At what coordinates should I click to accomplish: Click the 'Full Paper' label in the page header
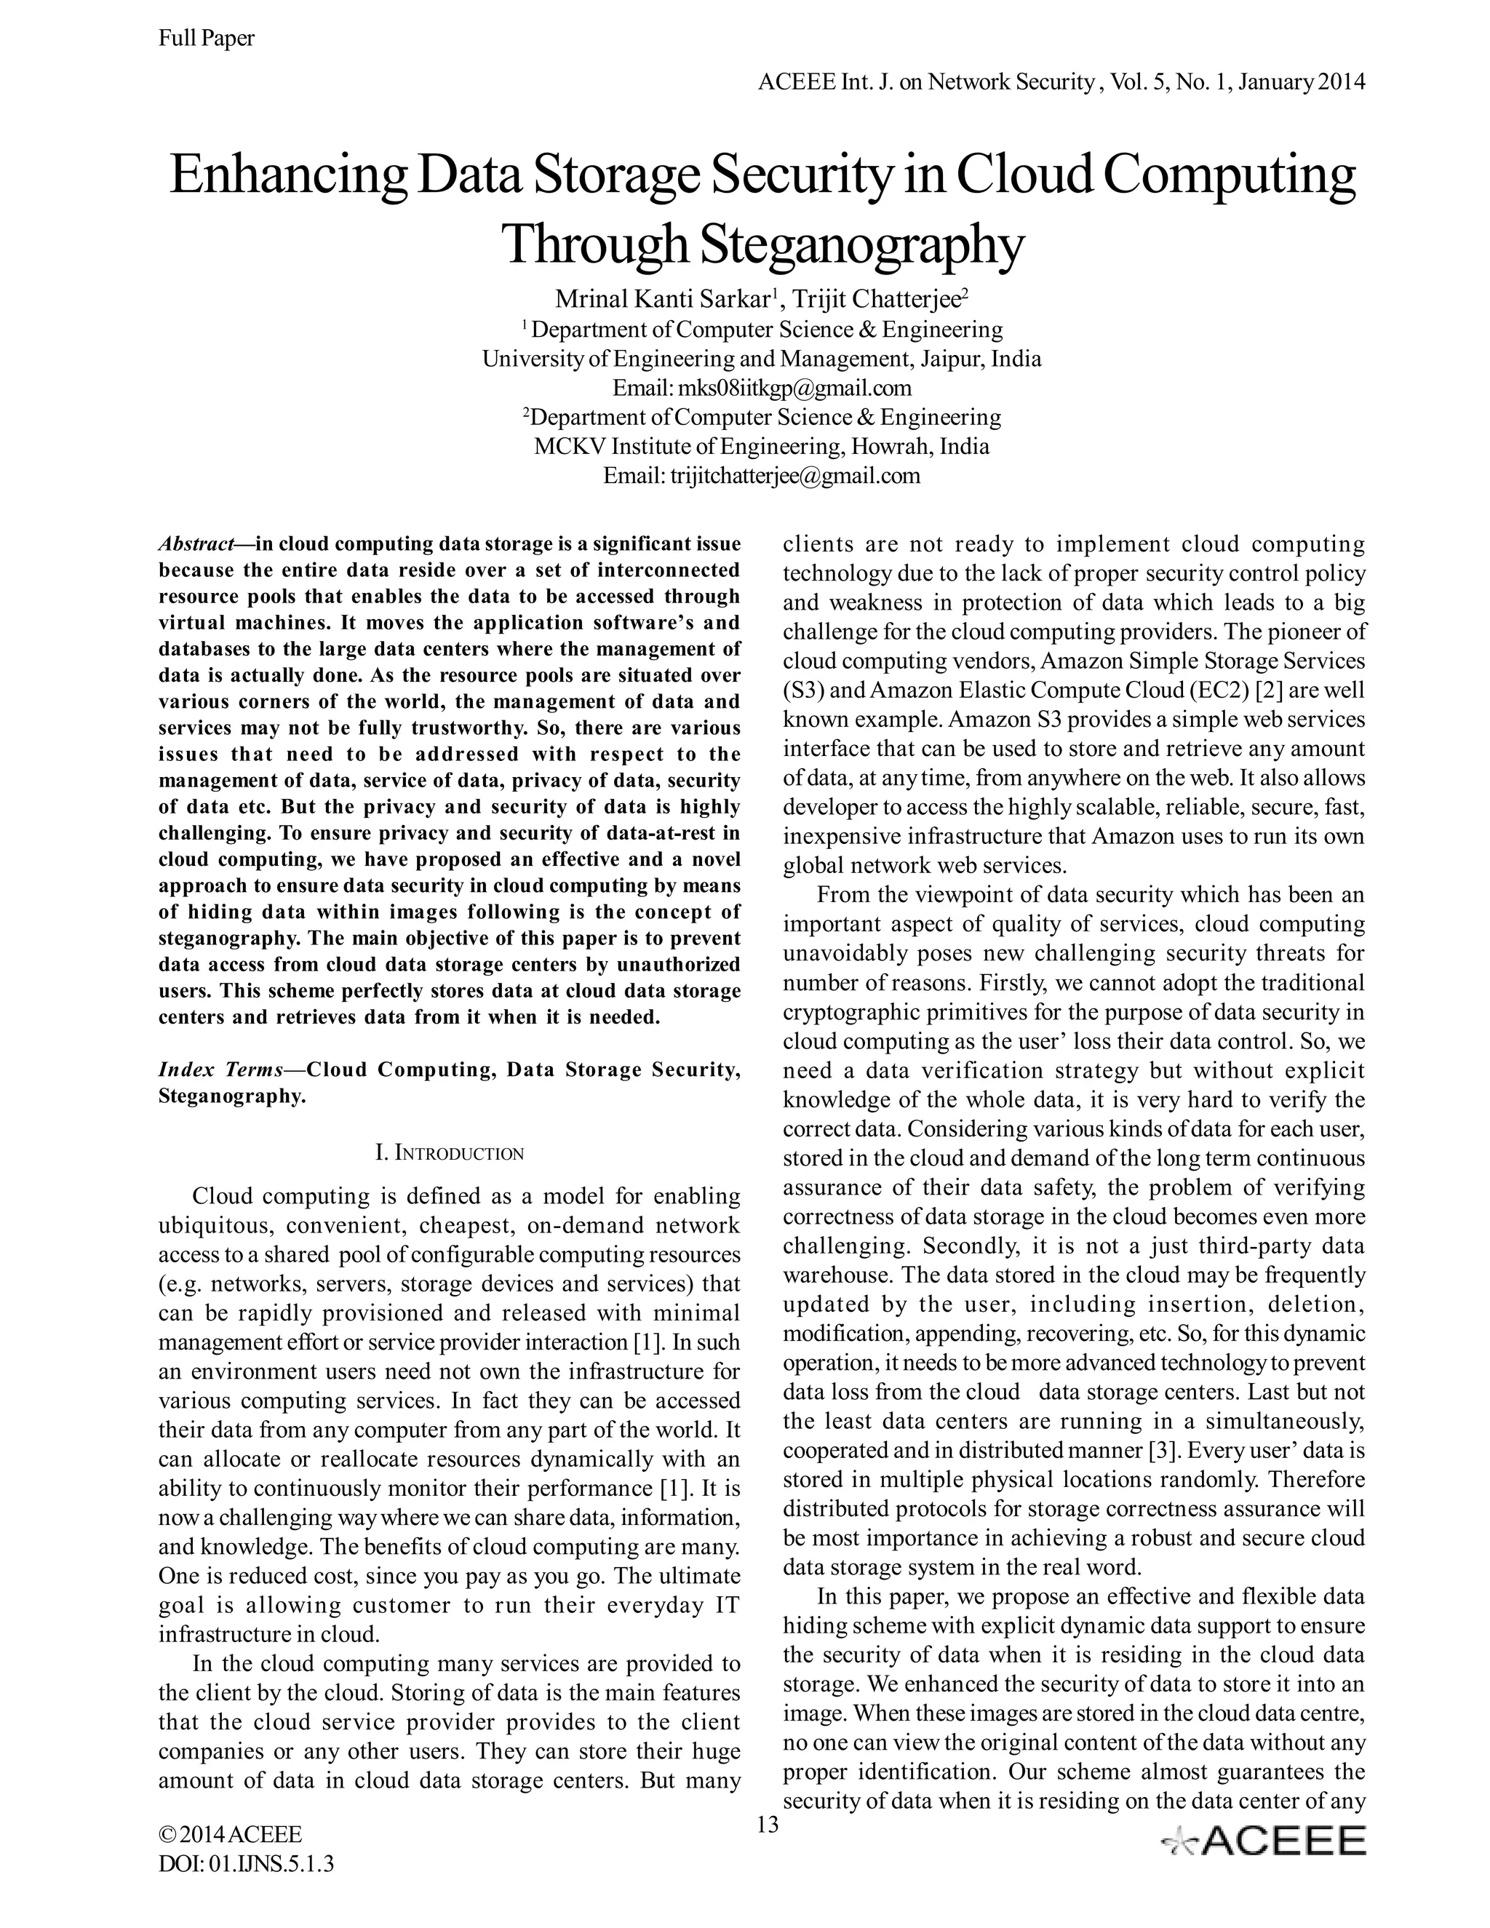(206, 38)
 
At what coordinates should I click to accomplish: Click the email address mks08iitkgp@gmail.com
(793, 388)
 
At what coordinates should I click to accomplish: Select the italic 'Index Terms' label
(220, 1070)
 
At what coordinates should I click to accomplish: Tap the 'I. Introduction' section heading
(450, 1153)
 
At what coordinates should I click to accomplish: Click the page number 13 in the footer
(768, 1825)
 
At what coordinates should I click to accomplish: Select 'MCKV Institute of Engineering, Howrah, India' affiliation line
(762, 446)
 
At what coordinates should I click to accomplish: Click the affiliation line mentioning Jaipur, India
(762, 359)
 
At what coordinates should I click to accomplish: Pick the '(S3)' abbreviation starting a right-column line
(802, 690)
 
